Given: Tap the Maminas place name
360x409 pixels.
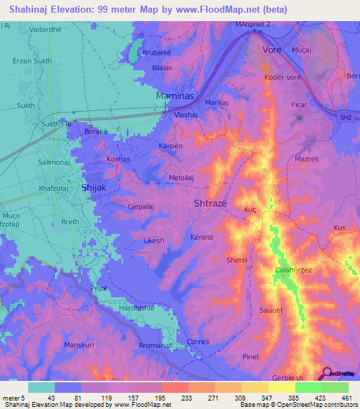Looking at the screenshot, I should coord(175,95).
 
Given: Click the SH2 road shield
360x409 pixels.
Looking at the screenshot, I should coord(345,117).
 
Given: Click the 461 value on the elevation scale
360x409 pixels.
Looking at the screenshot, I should coord(347,398).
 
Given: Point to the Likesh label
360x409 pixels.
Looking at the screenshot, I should coord(153,240).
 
